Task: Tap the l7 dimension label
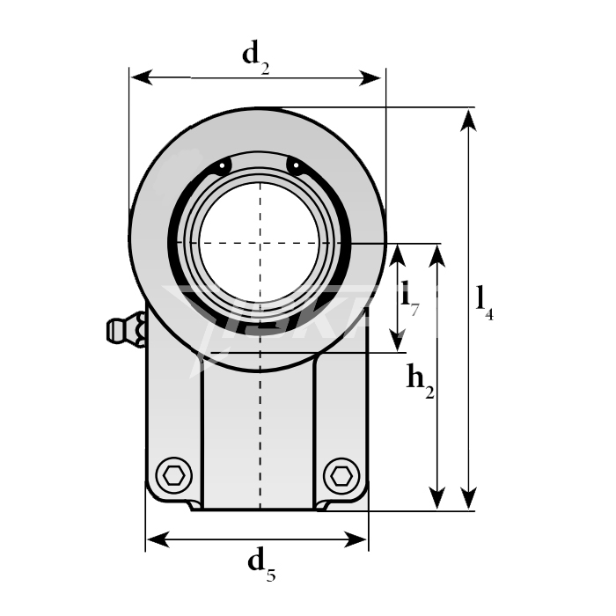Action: pos(409,296)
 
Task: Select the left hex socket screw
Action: pos(175,475)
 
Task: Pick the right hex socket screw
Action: pos(341,475)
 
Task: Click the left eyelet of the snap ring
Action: pos(224,166)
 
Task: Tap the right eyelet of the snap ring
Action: pos(295,166)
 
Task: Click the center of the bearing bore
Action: pos(260,243)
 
